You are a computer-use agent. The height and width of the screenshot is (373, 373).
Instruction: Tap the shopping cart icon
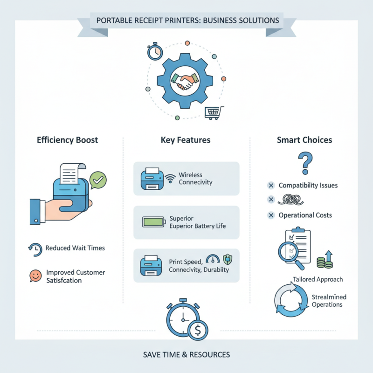(214, 112)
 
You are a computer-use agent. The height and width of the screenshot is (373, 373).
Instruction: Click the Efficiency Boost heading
(68, 140)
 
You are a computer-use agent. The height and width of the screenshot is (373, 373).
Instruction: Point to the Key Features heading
(186, 140)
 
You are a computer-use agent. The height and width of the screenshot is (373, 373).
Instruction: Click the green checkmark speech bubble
(98, 179)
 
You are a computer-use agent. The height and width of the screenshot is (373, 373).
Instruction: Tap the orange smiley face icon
(35, 276)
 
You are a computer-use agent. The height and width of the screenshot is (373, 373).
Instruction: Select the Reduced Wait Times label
(75, 248)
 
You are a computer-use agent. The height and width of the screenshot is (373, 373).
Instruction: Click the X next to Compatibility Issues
(270, 186)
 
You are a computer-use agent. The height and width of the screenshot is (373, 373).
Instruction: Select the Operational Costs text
(305, 215)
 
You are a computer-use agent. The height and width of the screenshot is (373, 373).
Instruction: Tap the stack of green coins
(321, 262)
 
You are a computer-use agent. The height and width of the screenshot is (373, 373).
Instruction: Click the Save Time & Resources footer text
(186, 355)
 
